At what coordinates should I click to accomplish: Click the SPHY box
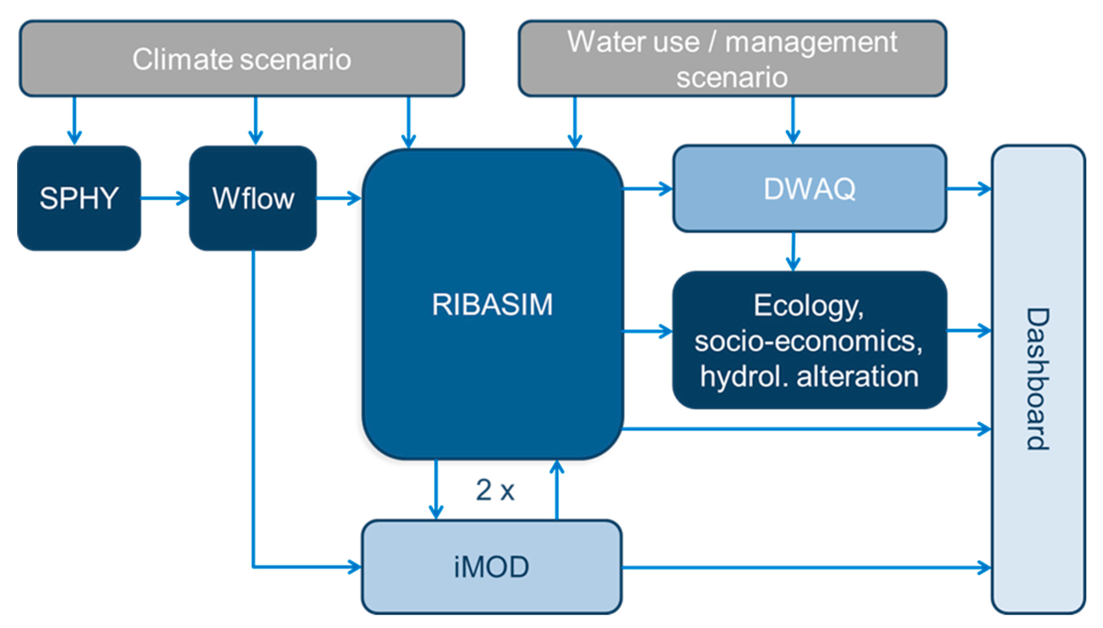79,198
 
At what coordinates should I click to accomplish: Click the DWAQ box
809,189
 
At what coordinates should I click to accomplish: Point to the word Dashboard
1038,379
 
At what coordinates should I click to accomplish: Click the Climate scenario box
241,59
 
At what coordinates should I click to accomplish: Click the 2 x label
495,490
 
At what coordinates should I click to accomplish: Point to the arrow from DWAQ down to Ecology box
793,252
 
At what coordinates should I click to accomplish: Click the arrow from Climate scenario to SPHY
75,121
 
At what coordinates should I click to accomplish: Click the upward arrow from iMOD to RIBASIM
557,490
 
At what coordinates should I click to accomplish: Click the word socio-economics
808,341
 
